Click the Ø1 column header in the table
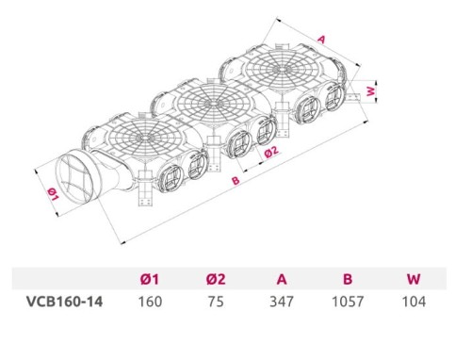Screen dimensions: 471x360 (150, 279)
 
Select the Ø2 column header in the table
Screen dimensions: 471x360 (216, 279)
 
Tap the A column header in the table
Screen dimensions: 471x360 (282, 279)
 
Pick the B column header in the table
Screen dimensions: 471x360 (348, 279)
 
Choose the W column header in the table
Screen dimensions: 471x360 (414, 279)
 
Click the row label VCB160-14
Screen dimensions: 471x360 (65, 302)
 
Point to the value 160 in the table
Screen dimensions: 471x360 (150, 302)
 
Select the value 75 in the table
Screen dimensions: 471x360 (216, 302)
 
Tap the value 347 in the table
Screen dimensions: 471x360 (282, 302)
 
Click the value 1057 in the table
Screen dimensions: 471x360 (348, 302)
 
